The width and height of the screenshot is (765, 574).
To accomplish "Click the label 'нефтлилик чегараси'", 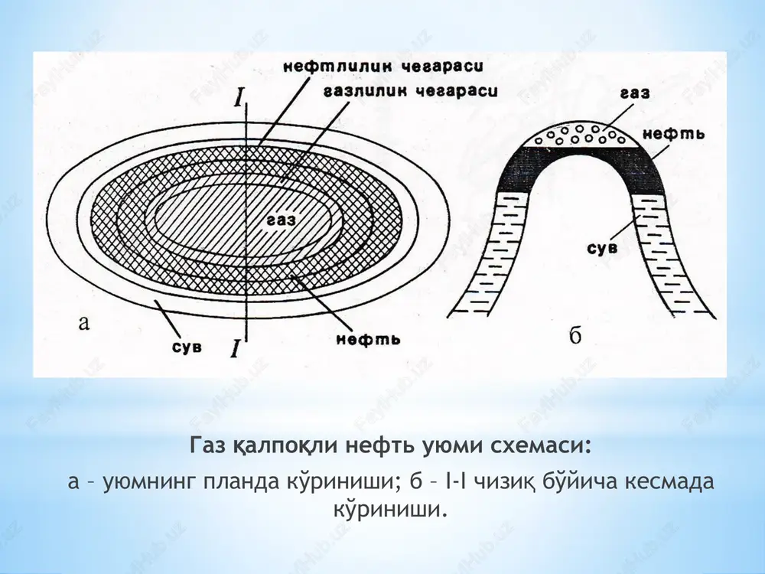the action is (383, 66).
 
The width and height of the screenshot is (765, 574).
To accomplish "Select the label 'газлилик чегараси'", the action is (410, 90).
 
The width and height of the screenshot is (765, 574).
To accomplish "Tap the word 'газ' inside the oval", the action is (282, 220).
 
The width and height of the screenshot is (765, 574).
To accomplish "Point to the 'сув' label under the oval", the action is (187, 347).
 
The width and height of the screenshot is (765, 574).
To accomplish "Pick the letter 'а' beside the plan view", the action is (84, 323).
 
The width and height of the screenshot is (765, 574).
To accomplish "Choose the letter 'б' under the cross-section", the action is (576, 335).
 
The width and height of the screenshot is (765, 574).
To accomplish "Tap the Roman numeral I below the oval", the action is (235, 348).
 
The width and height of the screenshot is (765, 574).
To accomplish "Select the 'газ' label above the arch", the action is (635, 93).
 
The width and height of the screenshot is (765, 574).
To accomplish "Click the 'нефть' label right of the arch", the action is (673, 134).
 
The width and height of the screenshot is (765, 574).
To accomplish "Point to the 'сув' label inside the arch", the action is (601, 247).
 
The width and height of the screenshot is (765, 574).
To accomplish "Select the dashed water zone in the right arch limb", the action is (671, 254).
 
